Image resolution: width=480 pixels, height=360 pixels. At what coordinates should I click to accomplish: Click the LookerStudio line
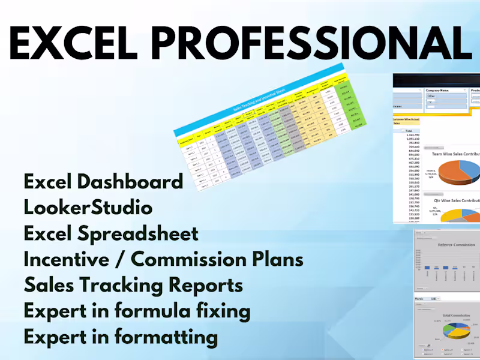point(88,208)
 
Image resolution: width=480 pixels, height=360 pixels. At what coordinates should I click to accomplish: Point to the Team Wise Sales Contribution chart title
point(456,154)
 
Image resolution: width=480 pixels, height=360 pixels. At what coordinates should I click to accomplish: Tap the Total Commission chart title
point(450,315)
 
